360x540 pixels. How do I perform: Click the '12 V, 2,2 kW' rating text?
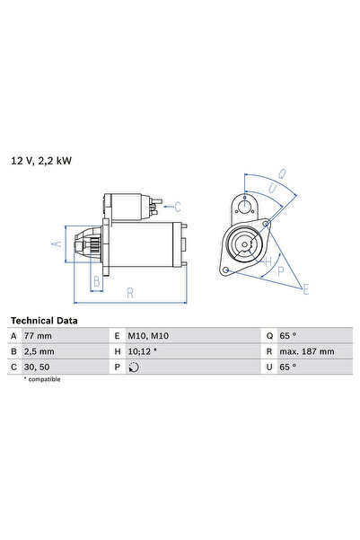click(x=40, y=161)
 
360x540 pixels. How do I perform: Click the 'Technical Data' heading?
click(x=44, y=320)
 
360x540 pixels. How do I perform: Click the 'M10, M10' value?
click(x=149, y=335)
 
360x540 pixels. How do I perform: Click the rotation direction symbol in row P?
click(x=135, y=367)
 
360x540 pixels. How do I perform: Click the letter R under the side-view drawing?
click(x=131, y=292)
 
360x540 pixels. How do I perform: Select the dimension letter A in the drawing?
click(x=56, y=243)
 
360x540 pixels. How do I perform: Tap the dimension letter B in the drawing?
click(x=97, y=280)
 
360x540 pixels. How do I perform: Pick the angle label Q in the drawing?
click(x=282, y=174)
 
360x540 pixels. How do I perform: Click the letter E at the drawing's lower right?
click(x=306, y=289)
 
